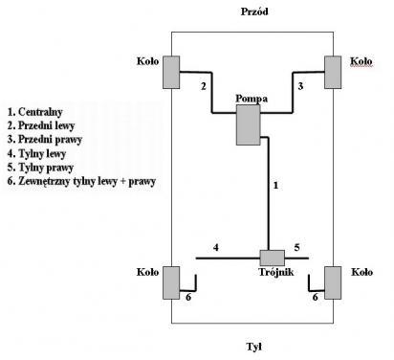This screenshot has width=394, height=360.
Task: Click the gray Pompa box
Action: click(249, 125)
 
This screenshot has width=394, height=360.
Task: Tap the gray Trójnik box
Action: click(272, 258)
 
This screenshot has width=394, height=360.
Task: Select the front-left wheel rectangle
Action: click(171, 72)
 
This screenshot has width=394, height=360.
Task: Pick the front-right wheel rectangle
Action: click(333, 72)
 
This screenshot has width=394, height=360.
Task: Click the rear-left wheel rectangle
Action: click(171, 282)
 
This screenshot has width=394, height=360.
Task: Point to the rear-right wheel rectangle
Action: click(333, 282)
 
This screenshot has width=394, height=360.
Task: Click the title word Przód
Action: click(254, 11)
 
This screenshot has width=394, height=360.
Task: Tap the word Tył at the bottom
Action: click(254, 347)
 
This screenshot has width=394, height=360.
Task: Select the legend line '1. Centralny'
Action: click(34, 112)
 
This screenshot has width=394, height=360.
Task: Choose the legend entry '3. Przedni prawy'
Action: click(45, 140)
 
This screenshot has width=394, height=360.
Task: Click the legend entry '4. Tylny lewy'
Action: click(36, 153)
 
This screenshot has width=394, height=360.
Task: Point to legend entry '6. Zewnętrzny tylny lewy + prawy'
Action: click(81, 181)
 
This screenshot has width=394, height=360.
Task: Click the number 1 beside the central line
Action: click(275, 185)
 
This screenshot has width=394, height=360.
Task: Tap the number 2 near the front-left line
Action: click(204, 86)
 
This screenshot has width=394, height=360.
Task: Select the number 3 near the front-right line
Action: click(300, 86)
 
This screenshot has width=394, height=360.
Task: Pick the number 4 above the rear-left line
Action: click(216, 247)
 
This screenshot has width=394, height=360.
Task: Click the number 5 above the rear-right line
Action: click(296, 247)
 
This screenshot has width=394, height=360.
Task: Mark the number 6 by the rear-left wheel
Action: click(188, 297)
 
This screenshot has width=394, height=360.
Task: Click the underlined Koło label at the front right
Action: click(361, 61)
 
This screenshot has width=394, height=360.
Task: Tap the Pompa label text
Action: click(252, 99)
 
